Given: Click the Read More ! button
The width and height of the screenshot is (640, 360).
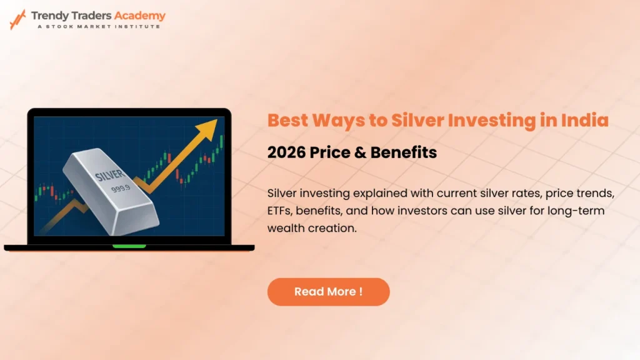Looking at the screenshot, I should (328, 292).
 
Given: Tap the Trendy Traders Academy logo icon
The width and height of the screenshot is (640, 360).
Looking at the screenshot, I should (17, 19).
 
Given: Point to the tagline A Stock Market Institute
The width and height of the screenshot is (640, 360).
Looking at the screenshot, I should (98, 26).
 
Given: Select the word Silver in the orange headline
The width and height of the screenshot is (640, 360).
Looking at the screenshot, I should (416, 120).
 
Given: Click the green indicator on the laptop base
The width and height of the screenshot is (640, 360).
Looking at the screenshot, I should (129, 246).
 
